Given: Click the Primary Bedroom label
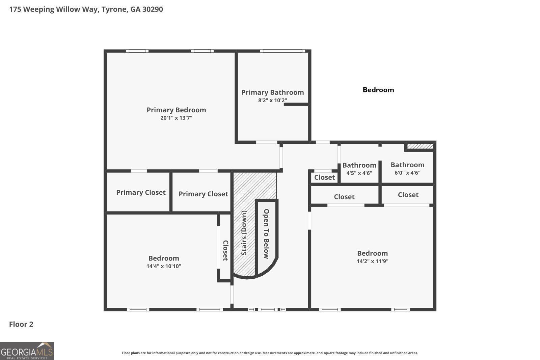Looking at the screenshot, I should point(176,110).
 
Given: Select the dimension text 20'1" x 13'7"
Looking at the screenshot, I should point(176,118).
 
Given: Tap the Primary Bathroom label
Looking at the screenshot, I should point(272,92).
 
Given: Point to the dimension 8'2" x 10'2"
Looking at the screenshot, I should point(272,100).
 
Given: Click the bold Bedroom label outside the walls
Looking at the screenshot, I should point(378,90).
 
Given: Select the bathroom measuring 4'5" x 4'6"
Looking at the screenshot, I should point(359,169).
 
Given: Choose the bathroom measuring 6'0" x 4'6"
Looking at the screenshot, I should point(407,168).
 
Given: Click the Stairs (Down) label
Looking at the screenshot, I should point(244,233).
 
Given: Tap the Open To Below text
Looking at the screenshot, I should point(266,234).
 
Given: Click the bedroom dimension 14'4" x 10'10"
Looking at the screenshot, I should point(164,266).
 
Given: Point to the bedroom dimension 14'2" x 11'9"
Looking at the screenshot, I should point(372,261).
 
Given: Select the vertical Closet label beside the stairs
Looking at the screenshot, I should point(225,250).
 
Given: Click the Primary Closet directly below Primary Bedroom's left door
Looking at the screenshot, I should point(141,192).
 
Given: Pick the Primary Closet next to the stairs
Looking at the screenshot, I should point(203,194).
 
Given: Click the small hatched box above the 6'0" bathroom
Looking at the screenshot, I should point(420,146).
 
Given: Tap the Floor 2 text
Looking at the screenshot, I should point(21,324).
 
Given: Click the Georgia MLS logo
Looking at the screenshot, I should point(27,351).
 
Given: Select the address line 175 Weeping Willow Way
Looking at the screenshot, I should point(86,9).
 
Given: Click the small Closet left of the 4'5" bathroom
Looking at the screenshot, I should point(324,177).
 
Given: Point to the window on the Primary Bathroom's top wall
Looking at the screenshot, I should point(282,51).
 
